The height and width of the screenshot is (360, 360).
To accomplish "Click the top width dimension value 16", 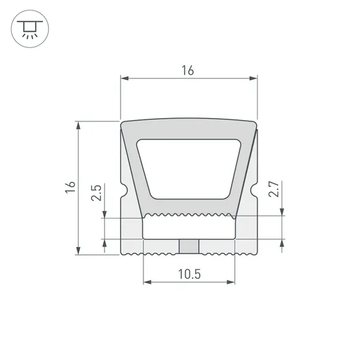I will (188, 70).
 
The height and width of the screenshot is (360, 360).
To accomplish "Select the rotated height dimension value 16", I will (71, 187).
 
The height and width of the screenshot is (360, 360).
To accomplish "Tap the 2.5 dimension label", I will (96, 193).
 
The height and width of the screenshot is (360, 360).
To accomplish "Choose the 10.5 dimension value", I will (189, 274).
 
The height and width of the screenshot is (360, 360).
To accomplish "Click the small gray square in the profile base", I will (189, 246).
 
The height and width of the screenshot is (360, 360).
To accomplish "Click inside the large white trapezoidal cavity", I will (189, 169).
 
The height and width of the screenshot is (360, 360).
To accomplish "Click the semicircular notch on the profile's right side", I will (256, 192).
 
